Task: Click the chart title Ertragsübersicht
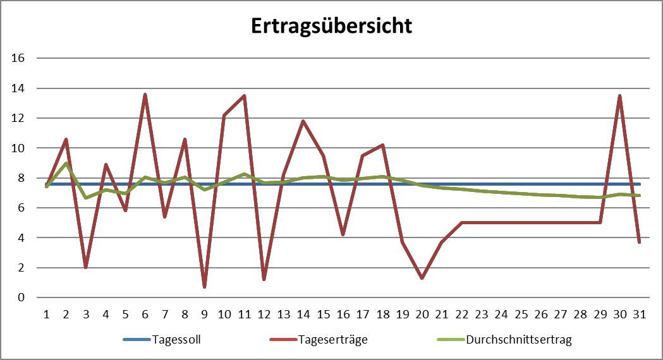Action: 331,26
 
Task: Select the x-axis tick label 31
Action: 640,313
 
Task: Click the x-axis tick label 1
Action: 46,313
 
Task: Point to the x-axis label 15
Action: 323,313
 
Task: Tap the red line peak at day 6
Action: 145,95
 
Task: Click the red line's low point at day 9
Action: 204,287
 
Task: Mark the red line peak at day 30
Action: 620,96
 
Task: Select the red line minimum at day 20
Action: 422,278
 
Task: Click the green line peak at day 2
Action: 66,164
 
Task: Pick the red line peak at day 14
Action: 303,121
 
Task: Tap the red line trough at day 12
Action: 264,279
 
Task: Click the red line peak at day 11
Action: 244,96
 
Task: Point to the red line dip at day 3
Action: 86,267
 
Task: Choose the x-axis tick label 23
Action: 482,313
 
